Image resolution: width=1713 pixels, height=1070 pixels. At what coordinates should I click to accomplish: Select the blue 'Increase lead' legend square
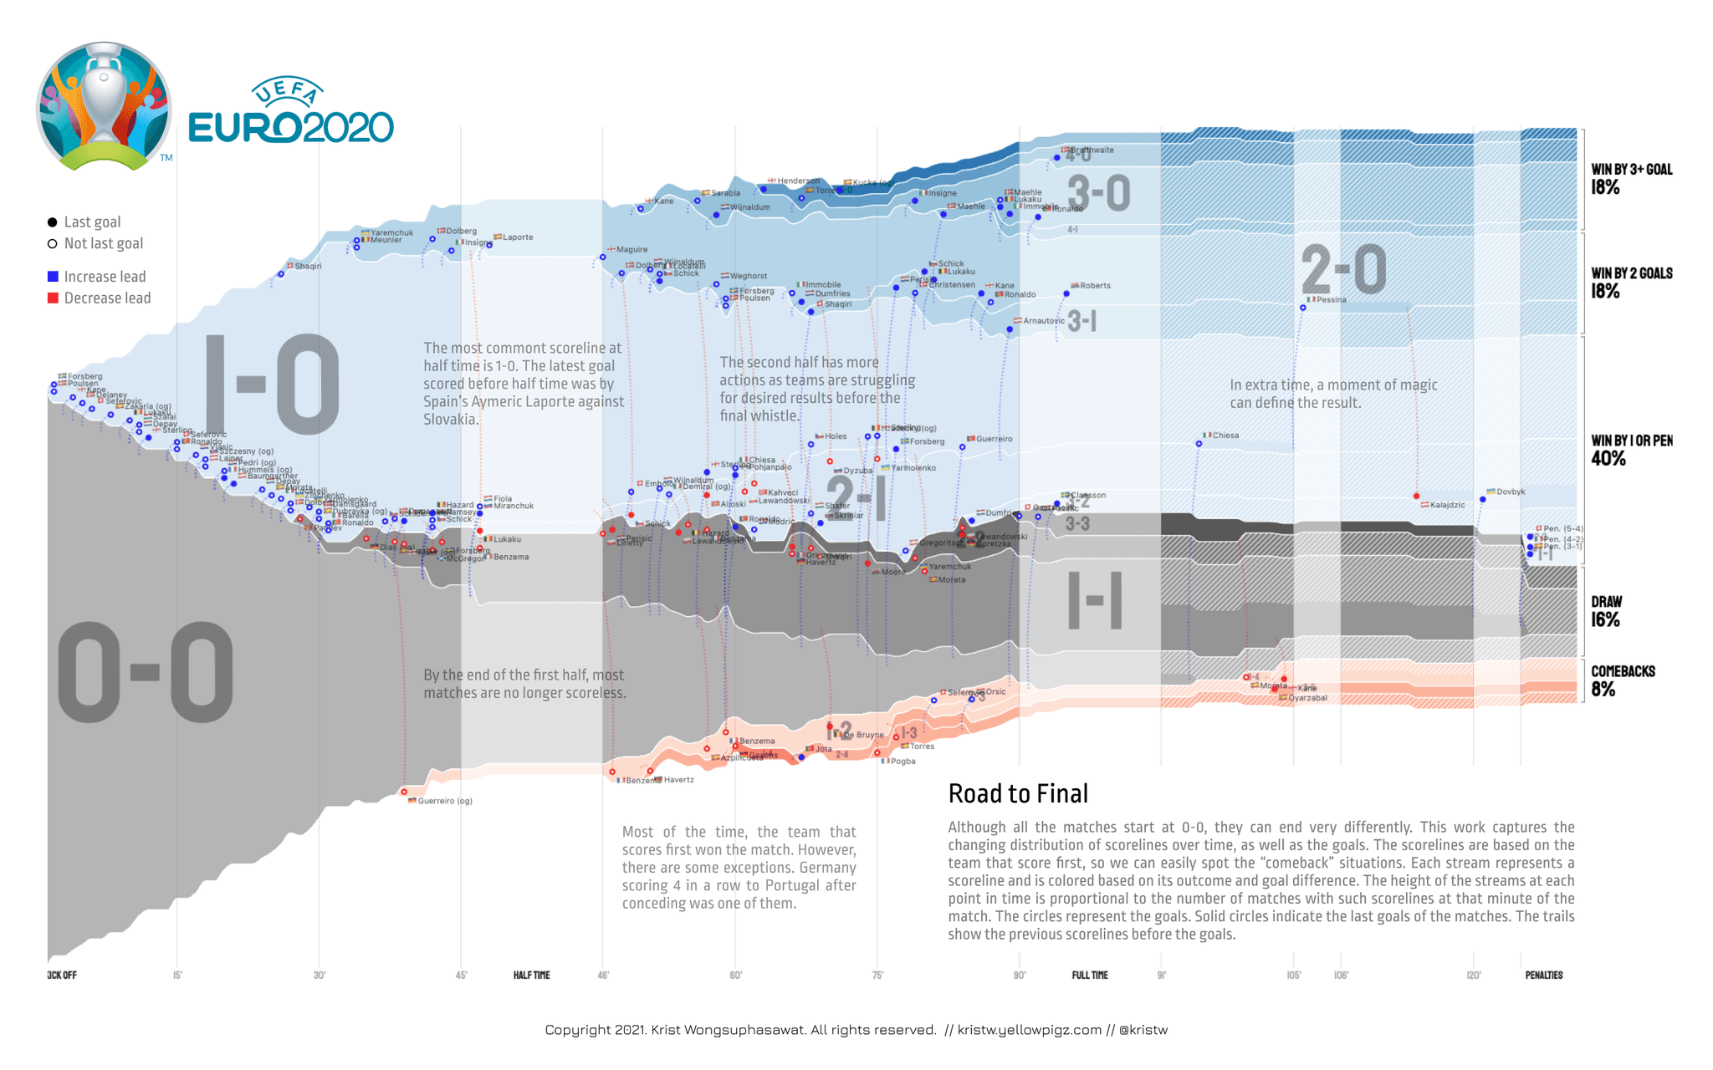pos(53,277)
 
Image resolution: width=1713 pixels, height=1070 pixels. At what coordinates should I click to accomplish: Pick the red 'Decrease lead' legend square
pos(53,298)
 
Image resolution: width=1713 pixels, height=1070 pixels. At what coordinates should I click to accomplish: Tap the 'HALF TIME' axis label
pos(531,975)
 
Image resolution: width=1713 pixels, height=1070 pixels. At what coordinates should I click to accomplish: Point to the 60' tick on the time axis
pos(735,975)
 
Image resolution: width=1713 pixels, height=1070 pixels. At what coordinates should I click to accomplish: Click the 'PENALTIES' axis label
pos(1543,975)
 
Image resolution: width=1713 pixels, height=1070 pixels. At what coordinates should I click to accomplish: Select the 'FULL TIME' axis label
pos(1089,975)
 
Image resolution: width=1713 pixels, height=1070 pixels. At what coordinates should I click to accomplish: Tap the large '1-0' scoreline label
pos(272,385)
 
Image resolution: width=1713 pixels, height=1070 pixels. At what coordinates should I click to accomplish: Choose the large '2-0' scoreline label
pos(1343,269)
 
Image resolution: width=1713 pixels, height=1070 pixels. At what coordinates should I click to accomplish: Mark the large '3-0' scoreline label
pos(1098,192)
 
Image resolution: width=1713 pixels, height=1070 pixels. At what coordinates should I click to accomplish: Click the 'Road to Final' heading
pos(1018,793)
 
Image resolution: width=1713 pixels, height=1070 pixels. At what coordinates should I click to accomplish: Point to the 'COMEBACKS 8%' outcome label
pos(1622,680)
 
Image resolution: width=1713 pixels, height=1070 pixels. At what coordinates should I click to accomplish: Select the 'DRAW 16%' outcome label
pos(1605,611)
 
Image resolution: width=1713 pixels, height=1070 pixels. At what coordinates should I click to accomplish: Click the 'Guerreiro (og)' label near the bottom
pos(444,801)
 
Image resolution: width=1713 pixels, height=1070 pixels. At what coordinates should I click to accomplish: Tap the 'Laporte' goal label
pos(517,237)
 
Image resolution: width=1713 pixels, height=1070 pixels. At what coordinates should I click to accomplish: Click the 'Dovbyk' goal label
pos(1510,492)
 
